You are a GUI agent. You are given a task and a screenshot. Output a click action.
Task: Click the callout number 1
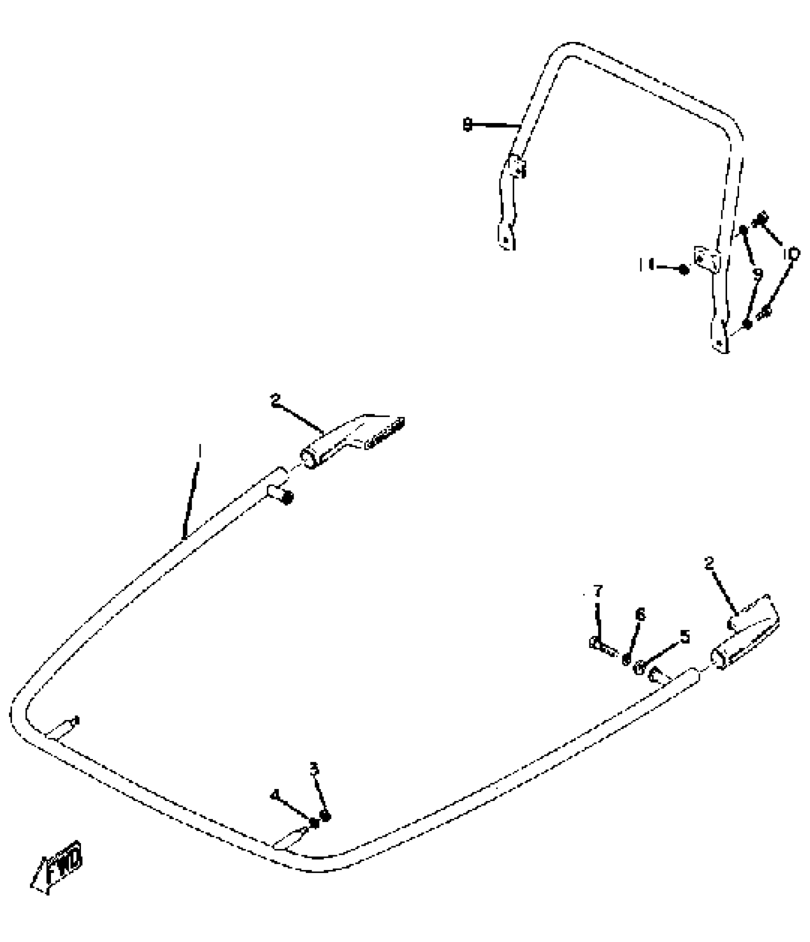point(200,450)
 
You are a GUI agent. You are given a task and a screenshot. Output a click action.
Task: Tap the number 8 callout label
point(467,125)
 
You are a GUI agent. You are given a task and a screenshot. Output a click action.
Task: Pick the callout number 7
point(597,591)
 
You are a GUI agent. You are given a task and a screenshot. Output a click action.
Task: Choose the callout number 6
point(640,615)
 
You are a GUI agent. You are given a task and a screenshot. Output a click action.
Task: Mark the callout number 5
point(684,637)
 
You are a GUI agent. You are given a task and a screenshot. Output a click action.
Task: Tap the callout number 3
point(314,769)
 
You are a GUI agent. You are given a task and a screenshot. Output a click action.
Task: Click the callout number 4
point(275,795)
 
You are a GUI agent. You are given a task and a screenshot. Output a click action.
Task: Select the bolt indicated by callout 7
point(601,644)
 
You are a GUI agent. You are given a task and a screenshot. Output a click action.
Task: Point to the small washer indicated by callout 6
point(627,659)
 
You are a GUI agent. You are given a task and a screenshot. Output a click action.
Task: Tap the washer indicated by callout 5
point(640,668)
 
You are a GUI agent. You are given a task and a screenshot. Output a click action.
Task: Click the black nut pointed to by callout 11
point(684,269)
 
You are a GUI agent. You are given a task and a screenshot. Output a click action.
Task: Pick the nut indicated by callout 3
point(325,816)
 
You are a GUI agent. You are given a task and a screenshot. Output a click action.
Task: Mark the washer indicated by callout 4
point(314,823)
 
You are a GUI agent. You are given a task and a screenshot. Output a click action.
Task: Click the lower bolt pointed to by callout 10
point(765,312)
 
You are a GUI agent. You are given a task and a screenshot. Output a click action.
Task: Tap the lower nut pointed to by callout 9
point(748,324)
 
